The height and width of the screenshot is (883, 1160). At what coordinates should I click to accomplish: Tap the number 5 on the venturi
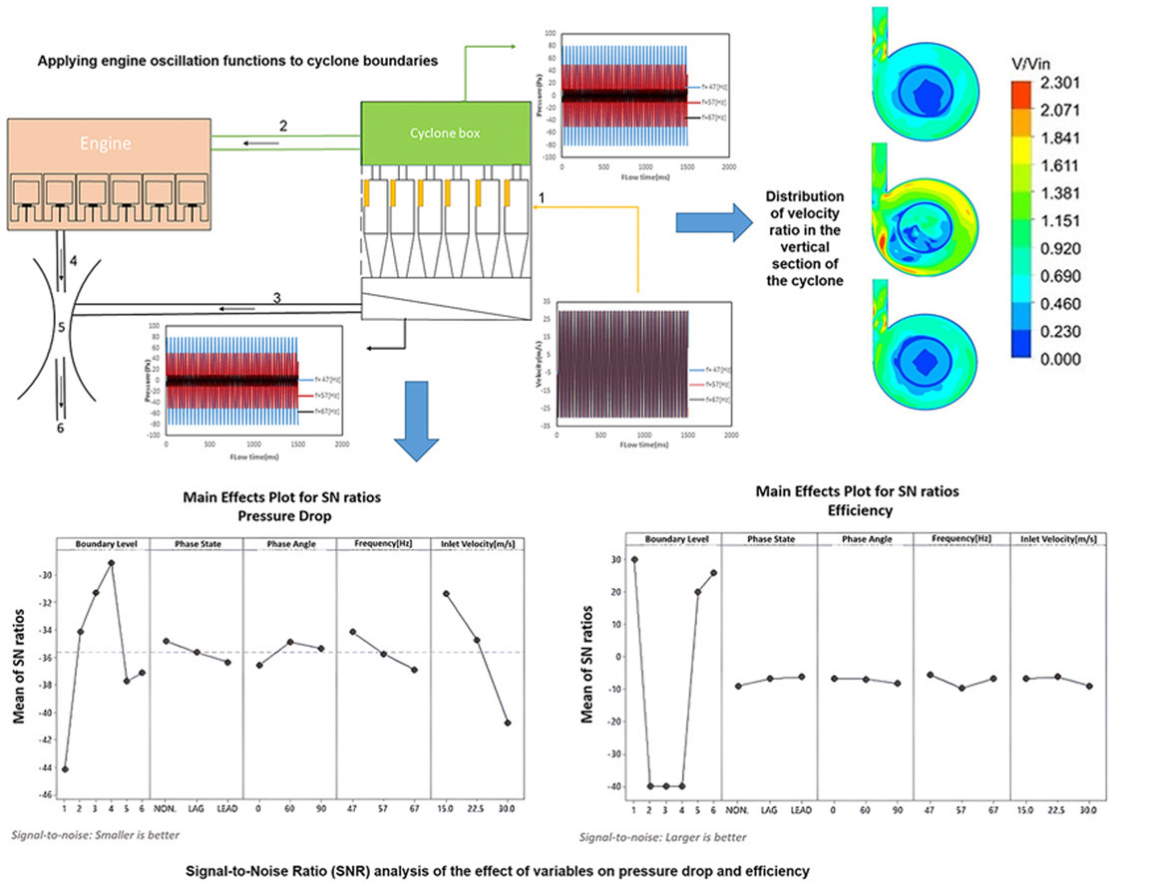pos(61,324)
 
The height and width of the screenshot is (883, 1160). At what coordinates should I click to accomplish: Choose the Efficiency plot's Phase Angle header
pos(864,539)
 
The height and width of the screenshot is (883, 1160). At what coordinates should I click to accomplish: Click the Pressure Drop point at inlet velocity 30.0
pos(508,723)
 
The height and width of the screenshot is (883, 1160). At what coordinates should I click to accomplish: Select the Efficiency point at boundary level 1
pos(634,559)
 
